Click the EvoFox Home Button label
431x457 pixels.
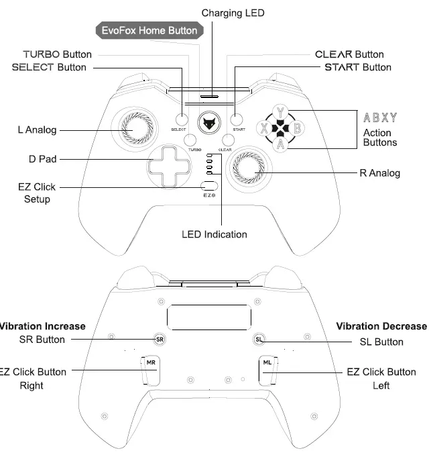pos(149,30)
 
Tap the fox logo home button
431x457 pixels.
pos(210,123)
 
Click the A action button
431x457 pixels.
pos(281,142)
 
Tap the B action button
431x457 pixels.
pos(298,127)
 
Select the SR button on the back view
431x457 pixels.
pos(160,340)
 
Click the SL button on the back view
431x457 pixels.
pos(259,340)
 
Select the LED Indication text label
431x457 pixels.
pos(214,234)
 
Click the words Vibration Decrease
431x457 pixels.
pos(381,326)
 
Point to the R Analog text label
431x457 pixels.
pos(379,173)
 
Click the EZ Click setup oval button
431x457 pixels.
pos(210,185)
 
